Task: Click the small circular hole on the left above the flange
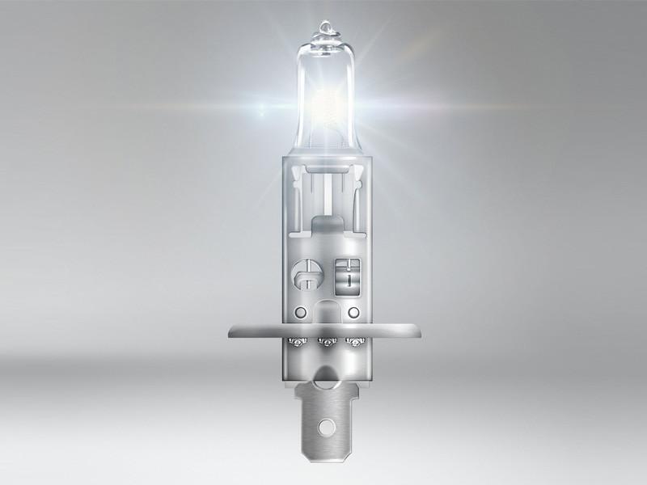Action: tap(298, 312)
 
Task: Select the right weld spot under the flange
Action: tap(351, 341)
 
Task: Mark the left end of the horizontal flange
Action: tap(231, 331)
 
